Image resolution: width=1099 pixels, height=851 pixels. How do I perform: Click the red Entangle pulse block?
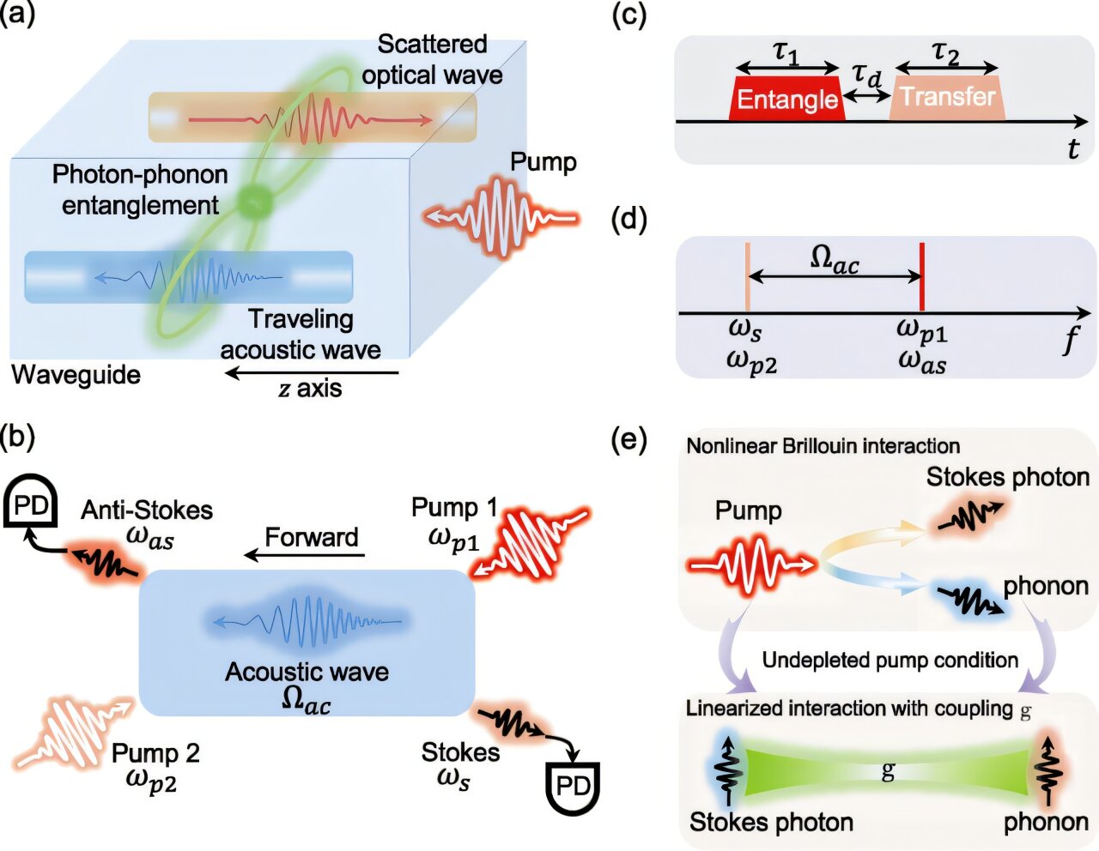(x=787, y=99)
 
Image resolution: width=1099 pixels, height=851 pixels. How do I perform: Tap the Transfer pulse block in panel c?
(x=947, y=98)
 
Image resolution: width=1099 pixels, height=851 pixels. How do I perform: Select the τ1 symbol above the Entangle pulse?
(x=786, y=54)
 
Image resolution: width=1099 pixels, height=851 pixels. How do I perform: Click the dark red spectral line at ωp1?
(x=922, y=276)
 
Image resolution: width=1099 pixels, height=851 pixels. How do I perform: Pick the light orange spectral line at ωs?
(x=747, y=276)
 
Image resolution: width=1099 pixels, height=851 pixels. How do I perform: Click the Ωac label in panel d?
(x=835, y=261)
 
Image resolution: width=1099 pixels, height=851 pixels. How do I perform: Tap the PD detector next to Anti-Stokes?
(x=30, y=503)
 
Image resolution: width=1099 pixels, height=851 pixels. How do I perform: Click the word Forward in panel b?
(x=312, y=537)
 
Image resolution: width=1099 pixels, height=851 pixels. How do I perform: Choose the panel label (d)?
(x=629, y=220)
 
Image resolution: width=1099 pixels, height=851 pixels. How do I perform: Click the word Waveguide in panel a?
(x=76, y=375)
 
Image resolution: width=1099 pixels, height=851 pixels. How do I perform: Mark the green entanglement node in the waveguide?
(x=255, y=202)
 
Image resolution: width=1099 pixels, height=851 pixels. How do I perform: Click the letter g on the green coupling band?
(x=888, y=771)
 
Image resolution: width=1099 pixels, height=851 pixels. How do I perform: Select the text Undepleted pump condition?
(x=890, y=660)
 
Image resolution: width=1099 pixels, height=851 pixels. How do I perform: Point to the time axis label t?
(x=1072, y=148)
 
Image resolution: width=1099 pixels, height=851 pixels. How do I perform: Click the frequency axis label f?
(x=1072, y=339)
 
